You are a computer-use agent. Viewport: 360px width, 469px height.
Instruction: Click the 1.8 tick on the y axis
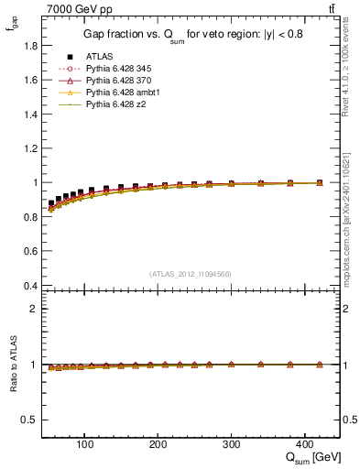(28, 46)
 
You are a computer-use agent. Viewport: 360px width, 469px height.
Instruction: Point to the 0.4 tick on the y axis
(28, 285)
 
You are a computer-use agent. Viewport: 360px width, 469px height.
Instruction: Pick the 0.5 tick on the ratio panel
(28, 420)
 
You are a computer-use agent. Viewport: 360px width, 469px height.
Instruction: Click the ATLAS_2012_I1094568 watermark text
(191, 273)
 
